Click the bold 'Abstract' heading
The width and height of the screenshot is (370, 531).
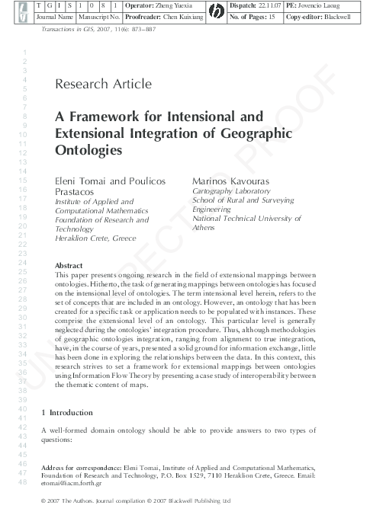69,264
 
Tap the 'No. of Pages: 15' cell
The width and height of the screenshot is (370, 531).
256,15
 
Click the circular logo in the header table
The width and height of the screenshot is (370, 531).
217,10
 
